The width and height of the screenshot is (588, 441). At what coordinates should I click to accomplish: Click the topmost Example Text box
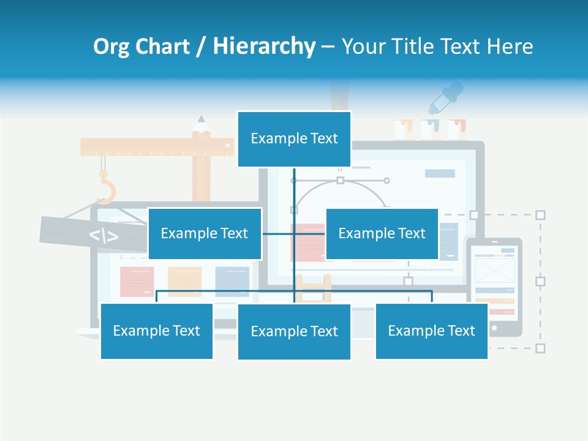[294, 139]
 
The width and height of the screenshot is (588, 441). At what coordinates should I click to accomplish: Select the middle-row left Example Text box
[205, 233]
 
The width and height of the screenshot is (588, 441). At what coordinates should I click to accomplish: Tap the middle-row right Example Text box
[382, 233]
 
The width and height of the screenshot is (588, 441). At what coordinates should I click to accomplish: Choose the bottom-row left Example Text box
[156, 331]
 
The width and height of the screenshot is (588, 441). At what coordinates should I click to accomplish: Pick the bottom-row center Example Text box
[294, 331]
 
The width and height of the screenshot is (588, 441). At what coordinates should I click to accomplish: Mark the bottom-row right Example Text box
[431, 331]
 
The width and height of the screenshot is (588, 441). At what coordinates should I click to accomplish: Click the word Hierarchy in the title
[264, 47]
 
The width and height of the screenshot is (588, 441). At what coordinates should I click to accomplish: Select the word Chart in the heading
[162, 47]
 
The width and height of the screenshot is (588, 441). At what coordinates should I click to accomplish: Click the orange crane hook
[106, 186]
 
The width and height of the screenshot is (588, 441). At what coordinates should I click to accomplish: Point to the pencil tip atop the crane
[201, 119]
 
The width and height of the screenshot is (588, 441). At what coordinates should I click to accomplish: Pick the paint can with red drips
[457, 129]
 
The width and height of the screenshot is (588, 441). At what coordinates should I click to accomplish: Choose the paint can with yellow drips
[404, 129]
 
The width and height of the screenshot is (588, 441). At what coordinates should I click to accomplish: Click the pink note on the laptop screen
[137, 281]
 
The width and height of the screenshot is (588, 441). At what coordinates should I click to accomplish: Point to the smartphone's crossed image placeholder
[494, 270]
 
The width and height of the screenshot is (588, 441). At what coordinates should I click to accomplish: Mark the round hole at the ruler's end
[228, 146]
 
